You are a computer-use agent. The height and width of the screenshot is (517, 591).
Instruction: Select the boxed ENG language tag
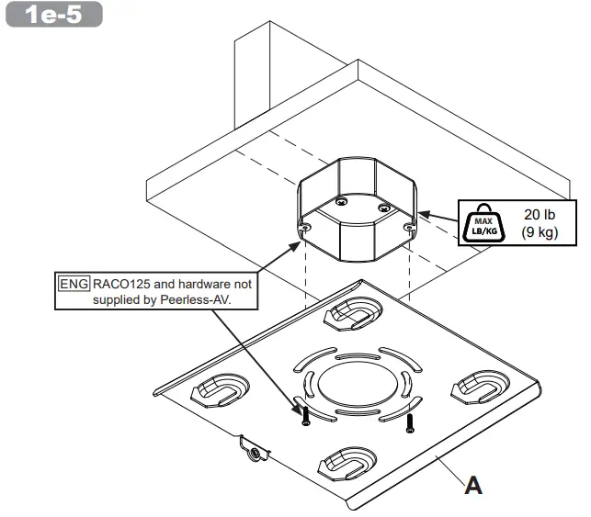[74, 284]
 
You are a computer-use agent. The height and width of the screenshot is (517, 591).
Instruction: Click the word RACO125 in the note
[120, 284]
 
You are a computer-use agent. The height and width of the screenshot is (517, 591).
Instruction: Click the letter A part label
[473, 484]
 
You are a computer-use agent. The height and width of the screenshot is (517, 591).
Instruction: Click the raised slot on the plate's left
[218, 389]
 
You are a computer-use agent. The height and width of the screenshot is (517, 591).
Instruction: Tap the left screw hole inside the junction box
[341, 201]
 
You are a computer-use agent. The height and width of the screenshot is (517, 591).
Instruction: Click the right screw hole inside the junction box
[384, 208]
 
